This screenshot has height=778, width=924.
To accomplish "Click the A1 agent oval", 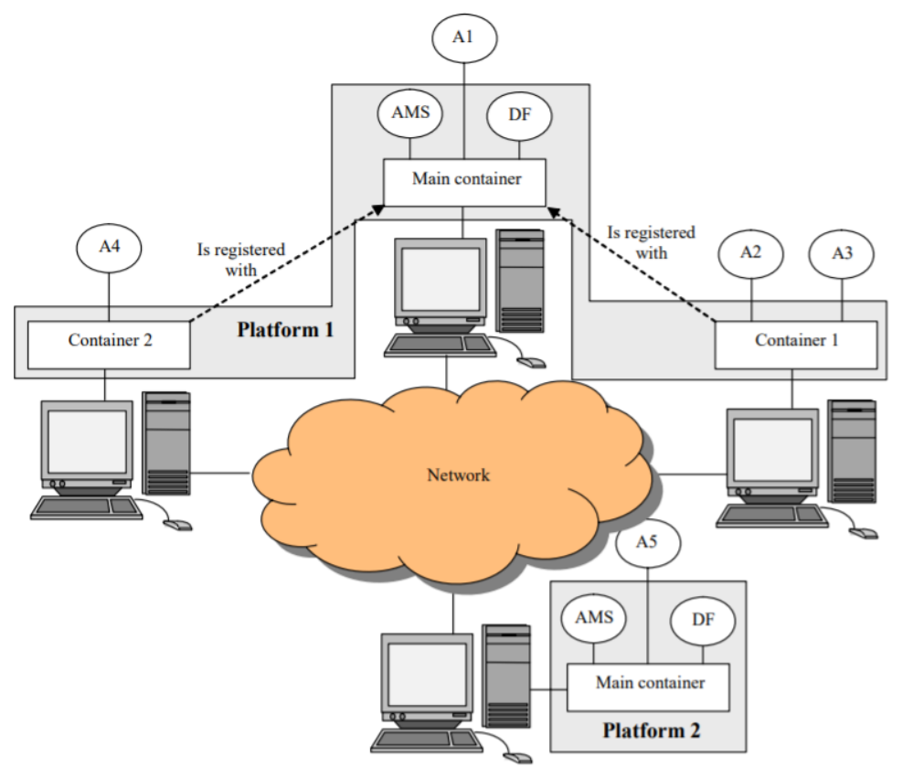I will coord(464,37).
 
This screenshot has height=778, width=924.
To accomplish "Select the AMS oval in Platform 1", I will coord(410,114).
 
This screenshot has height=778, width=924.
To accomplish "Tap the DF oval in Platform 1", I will coord(519,115).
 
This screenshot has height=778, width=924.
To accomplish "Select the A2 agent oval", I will coord(750,253).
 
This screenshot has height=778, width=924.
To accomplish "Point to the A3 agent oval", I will coord(842,253).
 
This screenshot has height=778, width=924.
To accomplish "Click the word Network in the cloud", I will coord(459,474).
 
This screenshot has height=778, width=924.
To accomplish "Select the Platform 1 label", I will coord(285,329).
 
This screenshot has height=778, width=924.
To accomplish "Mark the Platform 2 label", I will coord(651,731).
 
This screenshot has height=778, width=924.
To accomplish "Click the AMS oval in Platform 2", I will coord(594,617).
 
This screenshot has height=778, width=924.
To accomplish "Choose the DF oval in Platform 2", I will coord(703,620).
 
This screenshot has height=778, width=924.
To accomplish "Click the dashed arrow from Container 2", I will coord(283,265).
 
